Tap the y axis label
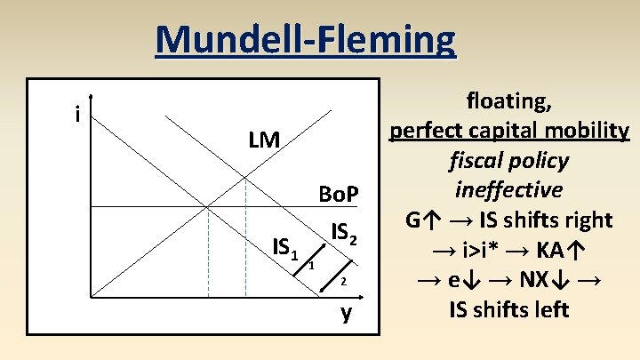click(x=347, y=313)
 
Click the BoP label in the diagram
click(x=338, y=194)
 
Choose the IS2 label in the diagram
click(x=344, y=233)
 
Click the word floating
click(x=508, y=100)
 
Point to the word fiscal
click(x=480, y=161)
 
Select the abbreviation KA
click(x=549, y=250)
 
